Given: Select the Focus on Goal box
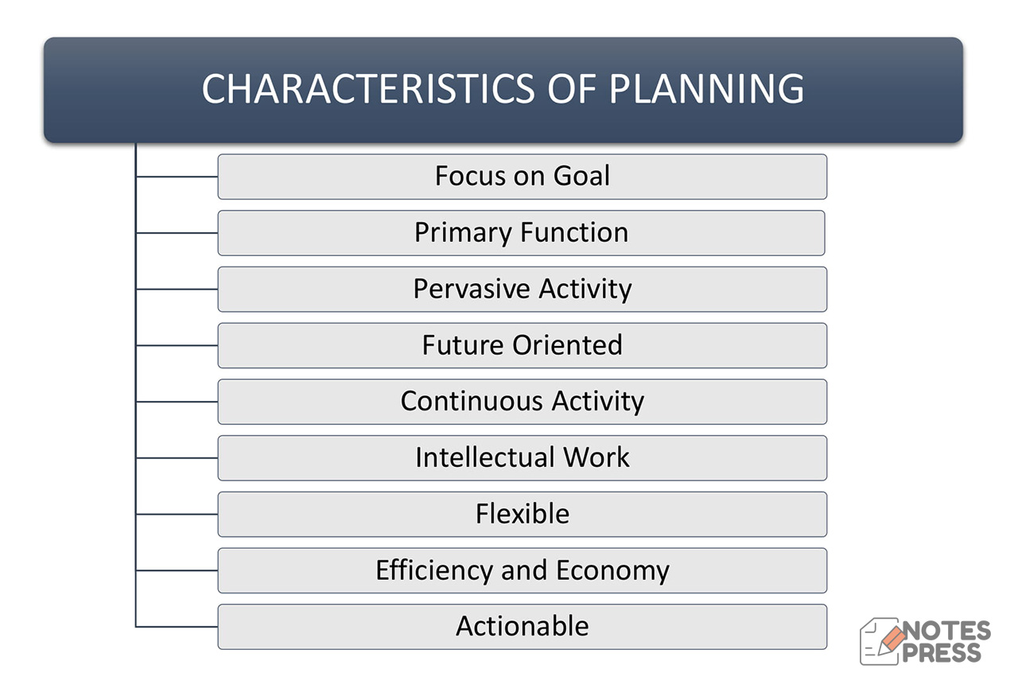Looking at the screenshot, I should click(522, 177).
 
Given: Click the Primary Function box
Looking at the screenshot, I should click(521, 233).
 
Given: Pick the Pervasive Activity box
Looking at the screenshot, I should click(522, 290).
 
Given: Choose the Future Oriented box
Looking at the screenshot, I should click(522, 345).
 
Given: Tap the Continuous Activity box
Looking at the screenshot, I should click(522, 402).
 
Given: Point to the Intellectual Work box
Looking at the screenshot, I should click(522, 458).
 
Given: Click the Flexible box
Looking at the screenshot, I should click(522, 515).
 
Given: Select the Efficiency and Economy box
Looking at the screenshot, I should click(522, 570).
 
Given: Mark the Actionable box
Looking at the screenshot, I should click(522, 627).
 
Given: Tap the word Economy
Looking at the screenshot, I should click(612, 571).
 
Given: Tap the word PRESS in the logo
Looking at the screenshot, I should click(942, 653).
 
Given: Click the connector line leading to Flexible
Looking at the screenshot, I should click(177, 515).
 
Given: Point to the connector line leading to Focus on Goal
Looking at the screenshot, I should click(177, 177).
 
